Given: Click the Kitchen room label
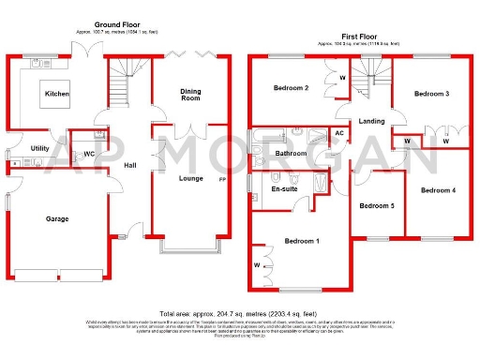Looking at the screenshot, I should point(56,94).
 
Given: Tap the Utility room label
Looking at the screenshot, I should point(40,148).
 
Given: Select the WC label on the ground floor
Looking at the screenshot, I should point(89,153).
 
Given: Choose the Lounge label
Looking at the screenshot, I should point(192,177).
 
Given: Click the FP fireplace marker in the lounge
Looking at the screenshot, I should point(222,178).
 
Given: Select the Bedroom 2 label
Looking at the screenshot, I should point(291,88).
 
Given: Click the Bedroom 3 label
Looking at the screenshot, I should point(432,94).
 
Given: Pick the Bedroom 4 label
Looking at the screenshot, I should point(438,190).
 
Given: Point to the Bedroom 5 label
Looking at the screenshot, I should point(377,205).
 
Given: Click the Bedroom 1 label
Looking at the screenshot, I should point(302,241).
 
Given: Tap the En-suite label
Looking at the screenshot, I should point(284,188).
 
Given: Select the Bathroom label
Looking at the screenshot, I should point(292,153).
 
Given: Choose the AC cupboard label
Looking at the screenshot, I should point(339,133).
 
